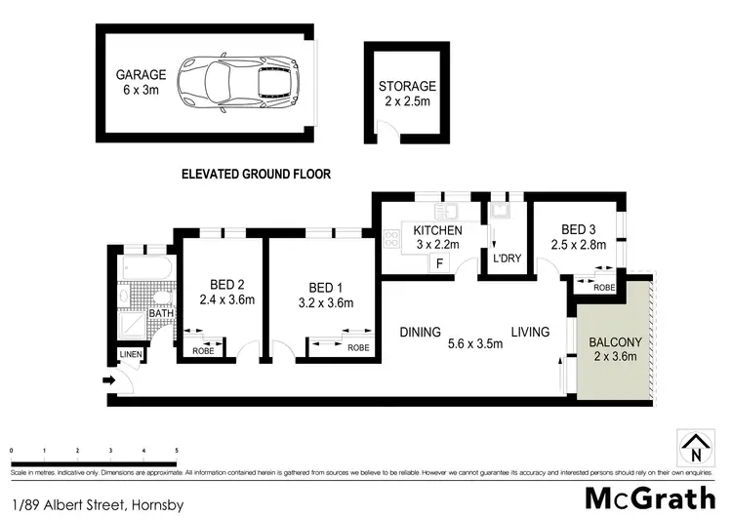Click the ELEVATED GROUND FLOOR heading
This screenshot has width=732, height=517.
(257, 175)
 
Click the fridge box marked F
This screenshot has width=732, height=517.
(440, 263)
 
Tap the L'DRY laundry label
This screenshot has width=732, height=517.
(507, 258)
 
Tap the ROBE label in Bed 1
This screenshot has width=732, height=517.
(358, 347)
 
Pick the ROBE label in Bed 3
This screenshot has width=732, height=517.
(605, 288)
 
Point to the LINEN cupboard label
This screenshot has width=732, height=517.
(130, 354)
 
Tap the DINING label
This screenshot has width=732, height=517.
(421, 333)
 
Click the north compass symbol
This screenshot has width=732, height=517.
(695, 449)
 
